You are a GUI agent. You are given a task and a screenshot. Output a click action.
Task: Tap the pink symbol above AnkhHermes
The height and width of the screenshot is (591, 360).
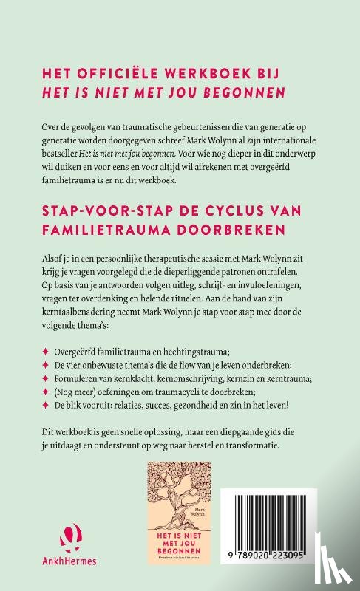(45, 537)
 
